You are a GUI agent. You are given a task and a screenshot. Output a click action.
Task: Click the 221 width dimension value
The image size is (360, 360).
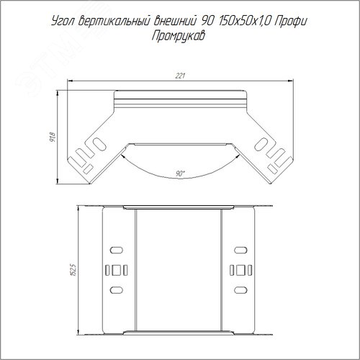pyautogui.click(x=180, y=76)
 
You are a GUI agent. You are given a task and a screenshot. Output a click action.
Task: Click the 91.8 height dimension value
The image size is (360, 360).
pyautogui.click(x=53, y=137)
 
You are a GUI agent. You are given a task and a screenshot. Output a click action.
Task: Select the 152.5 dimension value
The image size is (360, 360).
pyautogui.click(x=73, y=270)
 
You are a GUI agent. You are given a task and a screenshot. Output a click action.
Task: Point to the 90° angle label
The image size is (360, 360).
pyautogui.click(x=180, y=174)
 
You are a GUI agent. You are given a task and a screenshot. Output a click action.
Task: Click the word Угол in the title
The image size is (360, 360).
pyautogui.click(x=63, y=22)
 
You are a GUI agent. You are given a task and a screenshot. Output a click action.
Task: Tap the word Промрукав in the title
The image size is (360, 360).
pyautogui.click(x=179, y=37)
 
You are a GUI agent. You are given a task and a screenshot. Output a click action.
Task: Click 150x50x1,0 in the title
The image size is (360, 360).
pyautogui.click(x=244, y=22)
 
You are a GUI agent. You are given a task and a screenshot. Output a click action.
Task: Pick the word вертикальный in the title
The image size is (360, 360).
pyautogui.click(x=114, y=22)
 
